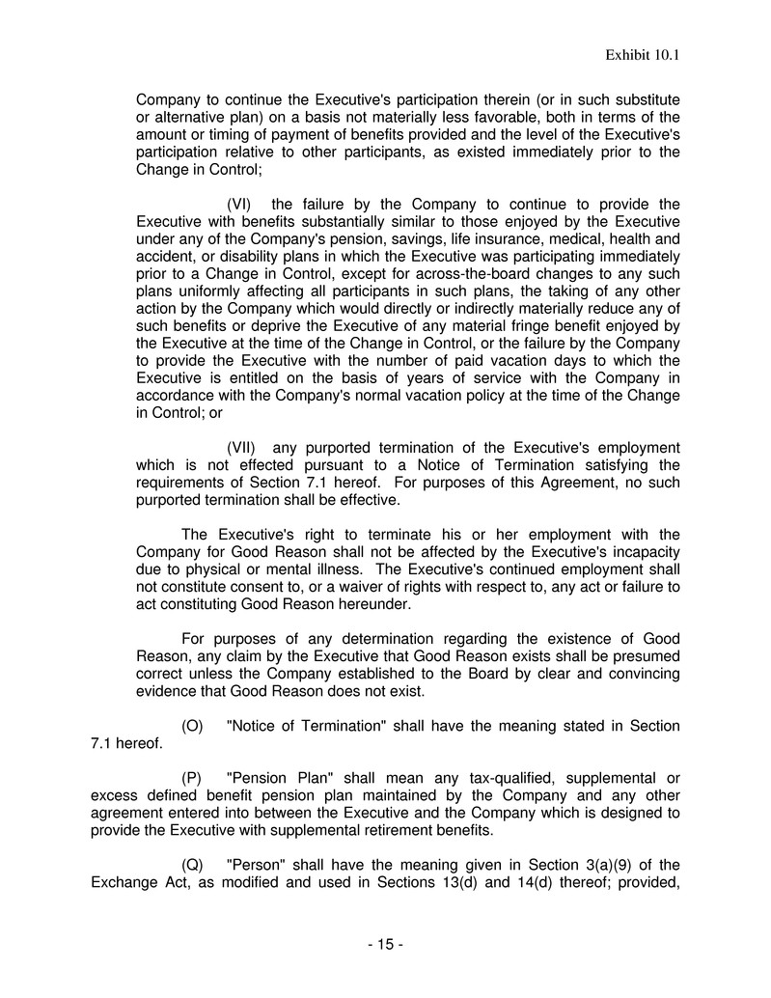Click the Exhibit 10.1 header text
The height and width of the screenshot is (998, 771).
pos(644,55)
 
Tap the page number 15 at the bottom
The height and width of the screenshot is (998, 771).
pos(385,945)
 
